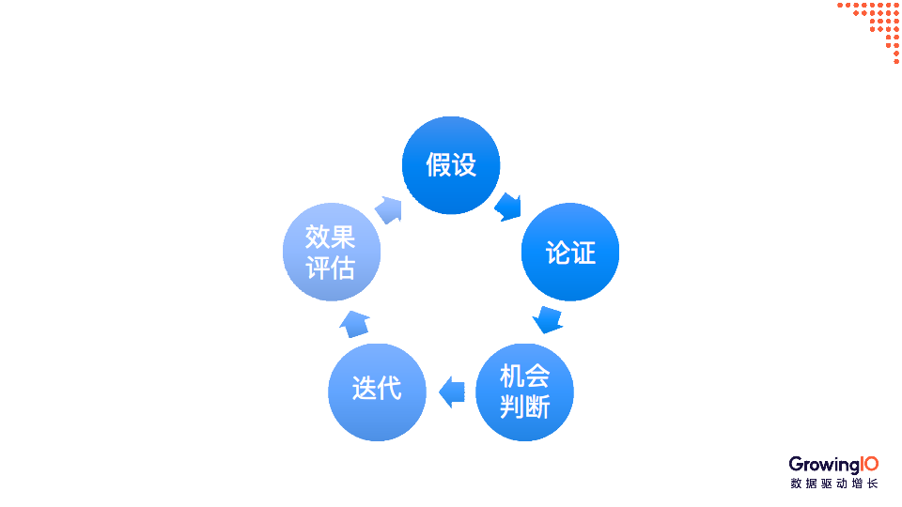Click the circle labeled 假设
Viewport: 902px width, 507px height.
point(451,165)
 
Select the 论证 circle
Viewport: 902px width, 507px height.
point(570,252)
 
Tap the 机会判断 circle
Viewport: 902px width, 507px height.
point(524,392)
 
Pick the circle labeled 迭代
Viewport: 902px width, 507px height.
point(377,392)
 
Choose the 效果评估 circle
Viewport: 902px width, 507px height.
point(332,252)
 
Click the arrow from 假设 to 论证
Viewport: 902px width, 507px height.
point(508,206)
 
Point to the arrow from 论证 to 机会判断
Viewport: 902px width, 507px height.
point(548,318)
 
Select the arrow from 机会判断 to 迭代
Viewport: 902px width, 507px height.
point(452,392)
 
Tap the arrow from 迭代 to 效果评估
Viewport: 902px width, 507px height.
point(354,323)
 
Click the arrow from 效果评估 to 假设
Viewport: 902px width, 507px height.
point(389,208)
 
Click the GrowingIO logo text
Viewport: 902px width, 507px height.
point(833,464)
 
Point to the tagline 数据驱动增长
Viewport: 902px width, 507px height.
point(833,484)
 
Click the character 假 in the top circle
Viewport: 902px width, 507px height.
point(438,165)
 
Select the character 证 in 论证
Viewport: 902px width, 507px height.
point(583,253)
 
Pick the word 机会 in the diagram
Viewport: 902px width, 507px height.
point(524,377)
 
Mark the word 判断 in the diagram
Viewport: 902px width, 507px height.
point(524,407)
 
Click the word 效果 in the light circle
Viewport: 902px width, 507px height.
point(331,237)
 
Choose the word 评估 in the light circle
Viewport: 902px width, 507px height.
point(331,268)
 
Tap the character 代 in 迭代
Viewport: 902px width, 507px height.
point(389,388)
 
